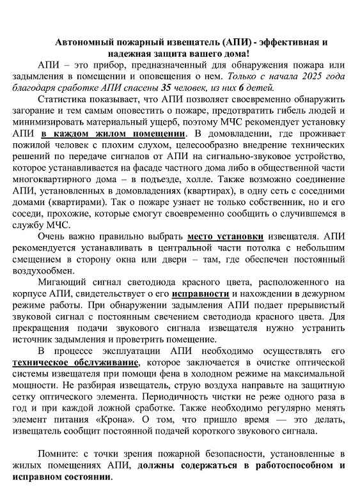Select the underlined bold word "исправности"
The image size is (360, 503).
click(x=201, y=295)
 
